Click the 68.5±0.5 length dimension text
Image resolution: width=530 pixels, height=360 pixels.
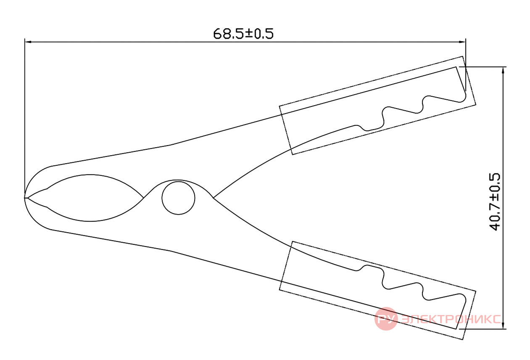(243, 34)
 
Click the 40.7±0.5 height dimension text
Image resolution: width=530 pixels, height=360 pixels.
(495, 201)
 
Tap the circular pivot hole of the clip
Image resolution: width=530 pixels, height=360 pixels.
(178, 198)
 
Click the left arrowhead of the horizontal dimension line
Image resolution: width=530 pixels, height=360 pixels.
(28, 42)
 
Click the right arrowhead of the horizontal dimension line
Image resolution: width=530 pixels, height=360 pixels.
(462, 42)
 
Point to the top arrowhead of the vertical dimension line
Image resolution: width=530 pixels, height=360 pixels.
(503, 70)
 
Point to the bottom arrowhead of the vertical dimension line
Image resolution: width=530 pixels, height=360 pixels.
(503, 326)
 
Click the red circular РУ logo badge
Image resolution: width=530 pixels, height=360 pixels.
(386, 319)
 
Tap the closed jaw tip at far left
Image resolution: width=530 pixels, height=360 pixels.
(25, 198)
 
